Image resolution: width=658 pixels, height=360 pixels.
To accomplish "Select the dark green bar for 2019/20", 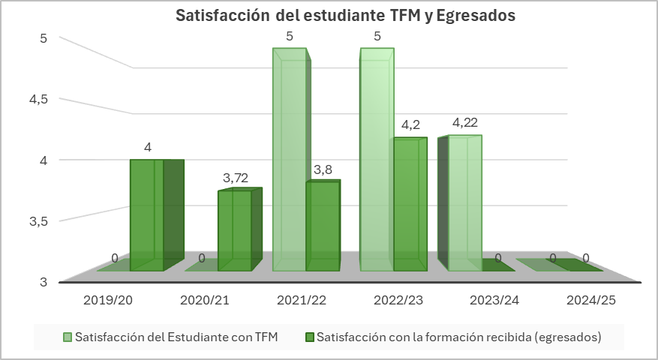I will [147, 215].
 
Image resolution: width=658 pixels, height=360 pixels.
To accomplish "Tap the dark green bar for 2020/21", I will [235, 230].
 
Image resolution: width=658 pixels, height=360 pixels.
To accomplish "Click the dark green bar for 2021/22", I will [323, 226].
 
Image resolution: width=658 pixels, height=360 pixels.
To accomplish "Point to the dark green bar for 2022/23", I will [410, 204].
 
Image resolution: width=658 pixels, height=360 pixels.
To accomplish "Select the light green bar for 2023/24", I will [464, 202].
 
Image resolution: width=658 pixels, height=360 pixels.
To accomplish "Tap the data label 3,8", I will [323, 170].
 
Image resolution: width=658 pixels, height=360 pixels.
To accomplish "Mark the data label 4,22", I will [466, 123].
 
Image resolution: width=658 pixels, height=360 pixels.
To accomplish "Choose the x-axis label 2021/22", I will [302, 300].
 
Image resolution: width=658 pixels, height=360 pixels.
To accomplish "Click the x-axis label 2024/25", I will [591, 300].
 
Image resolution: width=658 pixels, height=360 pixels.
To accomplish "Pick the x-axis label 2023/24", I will [494, 300].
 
